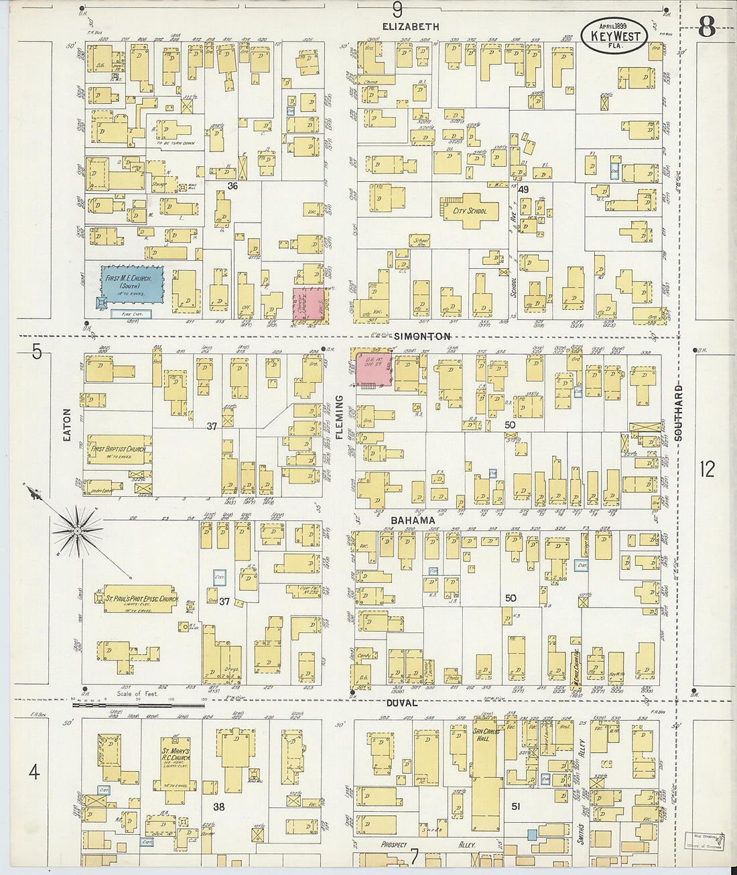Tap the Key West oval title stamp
tap(614, 36)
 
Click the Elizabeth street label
tap(411, 27)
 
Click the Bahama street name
tap(413, 520)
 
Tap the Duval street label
tap(402, 703)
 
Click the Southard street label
tap(678, 412)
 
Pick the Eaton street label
tap(67, 424)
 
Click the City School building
tap(470, 211)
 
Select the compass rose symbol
tap(78, 531)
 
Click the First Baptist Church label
tap(119, 449)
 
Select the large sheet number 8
tap(707, 28)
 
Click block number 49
tap(523, 190)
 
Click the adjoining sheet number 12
tap(707, 469)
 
